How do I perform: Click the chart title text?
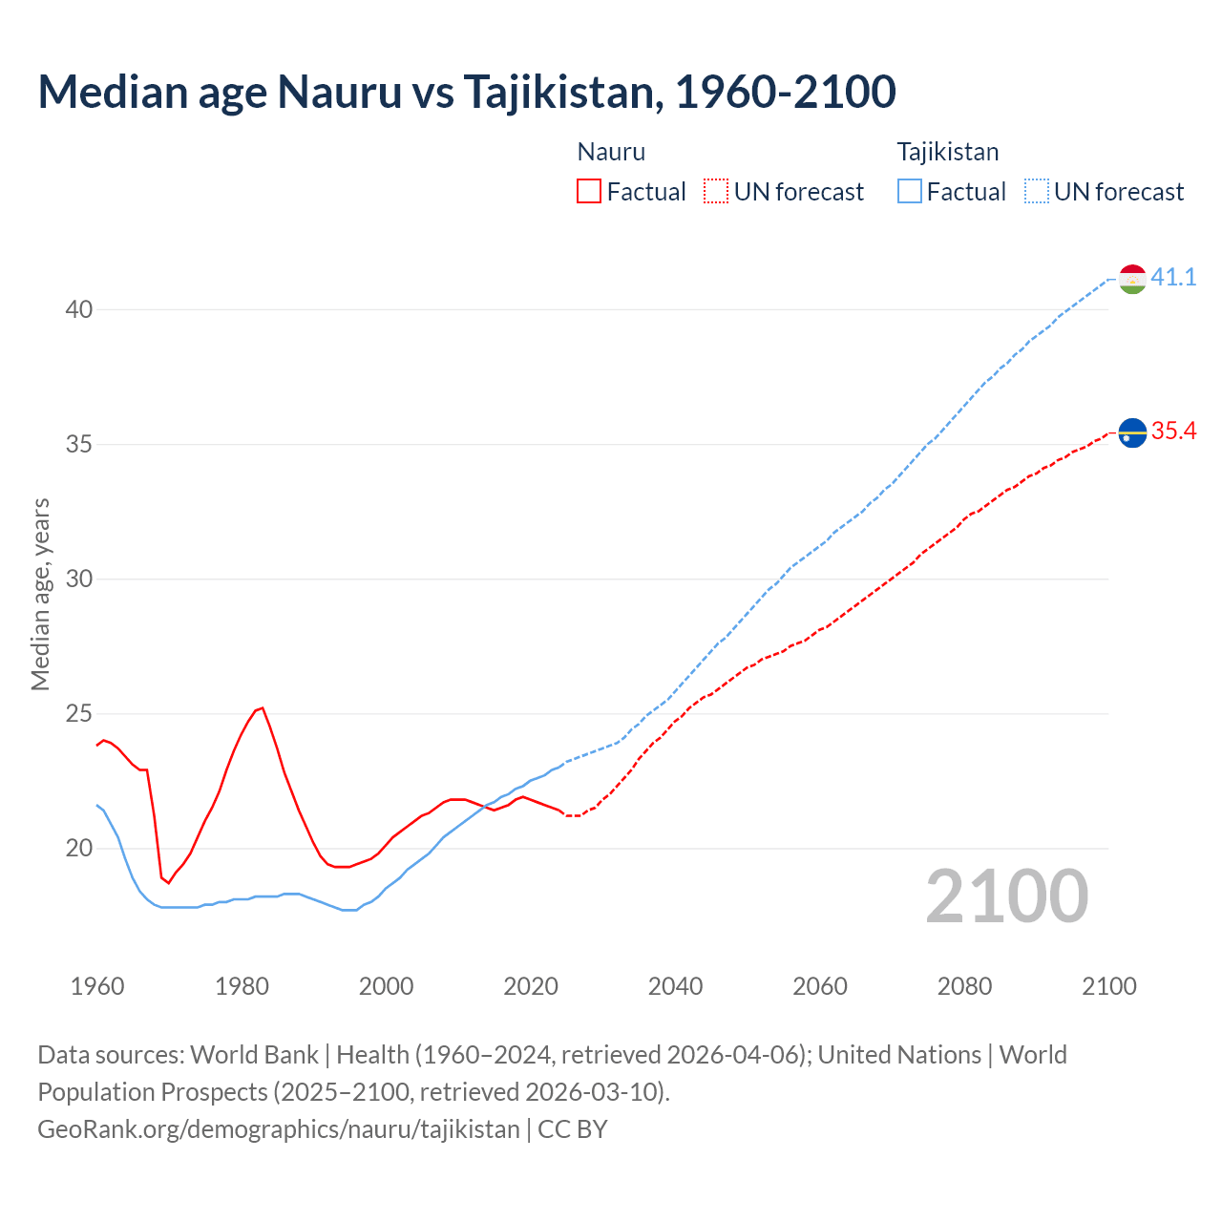467,92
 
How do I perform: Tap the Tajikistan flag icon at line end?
1132,279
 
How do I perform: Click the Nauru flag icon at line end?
1132,432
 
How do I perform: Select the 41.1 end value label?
1173,278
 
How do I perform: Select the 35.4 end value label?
1173,432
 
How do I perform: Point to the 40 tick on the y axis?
79,310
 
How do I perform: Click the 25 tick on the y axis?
79,714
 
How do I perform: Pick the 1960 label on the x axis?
97,986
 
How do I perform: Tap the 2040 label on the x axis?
675,986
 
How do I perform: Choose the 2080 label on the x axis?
964,986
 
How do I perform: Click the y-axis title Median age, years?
40,594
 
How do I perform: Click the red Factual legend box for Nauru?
589,192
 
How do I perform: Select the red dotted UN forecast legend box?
716,192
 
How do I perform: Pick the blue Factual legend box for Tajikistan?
910,192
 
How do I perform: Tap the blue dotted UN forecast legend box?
1037,192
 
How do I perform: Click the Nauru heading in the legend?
611,152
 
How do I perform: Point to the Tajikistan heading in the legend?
948,152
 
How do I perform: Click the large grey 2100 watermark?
1006,896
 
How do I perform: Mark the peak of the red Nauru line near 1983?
262,707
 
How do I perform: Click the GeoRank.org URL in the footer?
279,1129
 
